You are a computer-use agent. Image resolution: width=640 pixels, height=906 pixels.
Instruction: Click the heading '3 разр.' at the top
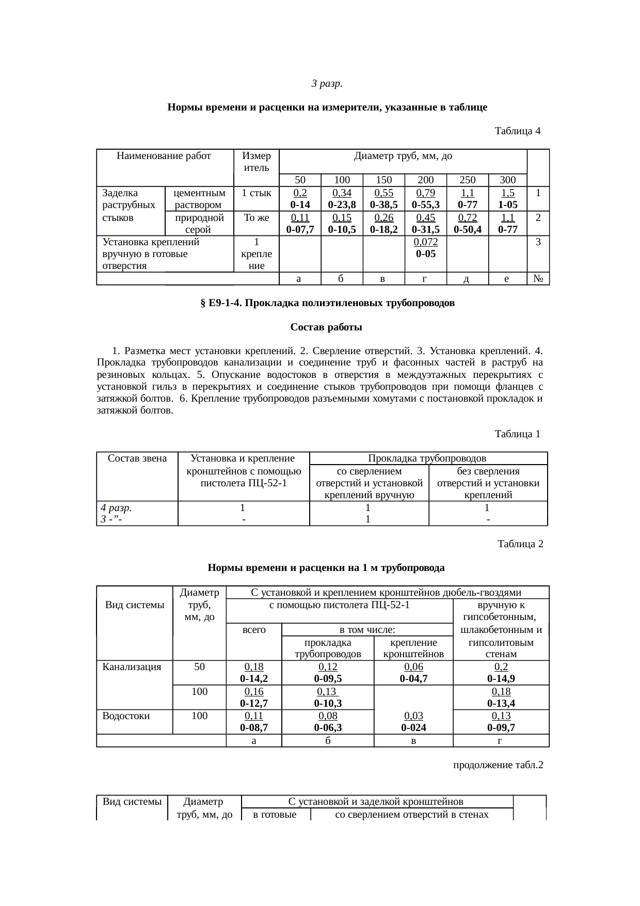(327, 83)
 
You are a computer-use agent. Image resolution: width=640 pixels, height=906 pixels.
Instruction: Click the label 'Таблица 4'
(517, 131)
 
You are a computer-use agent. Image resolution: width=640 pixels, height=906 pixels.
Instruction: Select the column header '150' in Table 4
(383, 180)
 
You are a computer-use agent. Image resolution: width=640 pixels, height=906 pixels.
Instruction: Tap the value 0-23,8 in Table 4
(342, 204)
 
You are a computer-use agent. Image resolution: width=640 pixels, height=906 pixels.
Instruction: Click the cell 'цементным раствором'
(199, 198)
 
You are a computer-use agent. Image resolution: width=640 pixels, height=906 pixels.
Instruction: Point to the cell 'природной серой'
(199, 224)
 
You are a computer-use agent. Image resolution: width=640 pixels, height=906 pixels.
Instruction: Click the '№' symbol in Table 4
(538, 279)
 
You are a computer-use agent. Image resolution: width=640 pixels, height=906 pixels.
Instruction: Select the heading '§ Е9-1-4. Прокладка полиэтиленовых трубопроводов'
(327, 303)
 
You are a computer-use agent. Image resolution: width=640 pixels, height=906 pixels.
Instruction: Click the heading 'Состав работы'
(326, 327)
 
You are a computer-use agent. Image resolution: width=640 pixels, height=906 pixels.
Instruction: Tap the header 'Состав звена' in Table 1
(137, 458)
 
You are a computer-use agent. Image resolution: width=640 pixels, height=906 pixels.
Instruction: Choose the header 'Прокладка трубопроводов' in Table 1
(427, 458)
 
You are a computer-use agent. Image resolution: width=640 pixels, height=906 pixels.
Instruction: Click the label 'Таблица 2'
(520, 544)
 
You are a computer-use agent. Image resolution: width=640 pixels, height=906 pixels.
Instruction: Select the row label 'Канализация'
(132, 666)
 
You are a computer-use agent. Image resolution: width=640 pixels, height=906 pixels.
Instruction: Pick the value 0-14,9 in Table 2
(501, 678)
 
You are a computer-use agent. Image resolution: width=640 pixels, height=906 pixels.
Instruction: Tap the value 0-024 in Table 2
(413, 728)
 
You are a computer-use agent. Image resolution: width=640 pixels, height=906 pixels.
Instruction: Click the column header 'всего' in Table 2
(254, 629)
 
